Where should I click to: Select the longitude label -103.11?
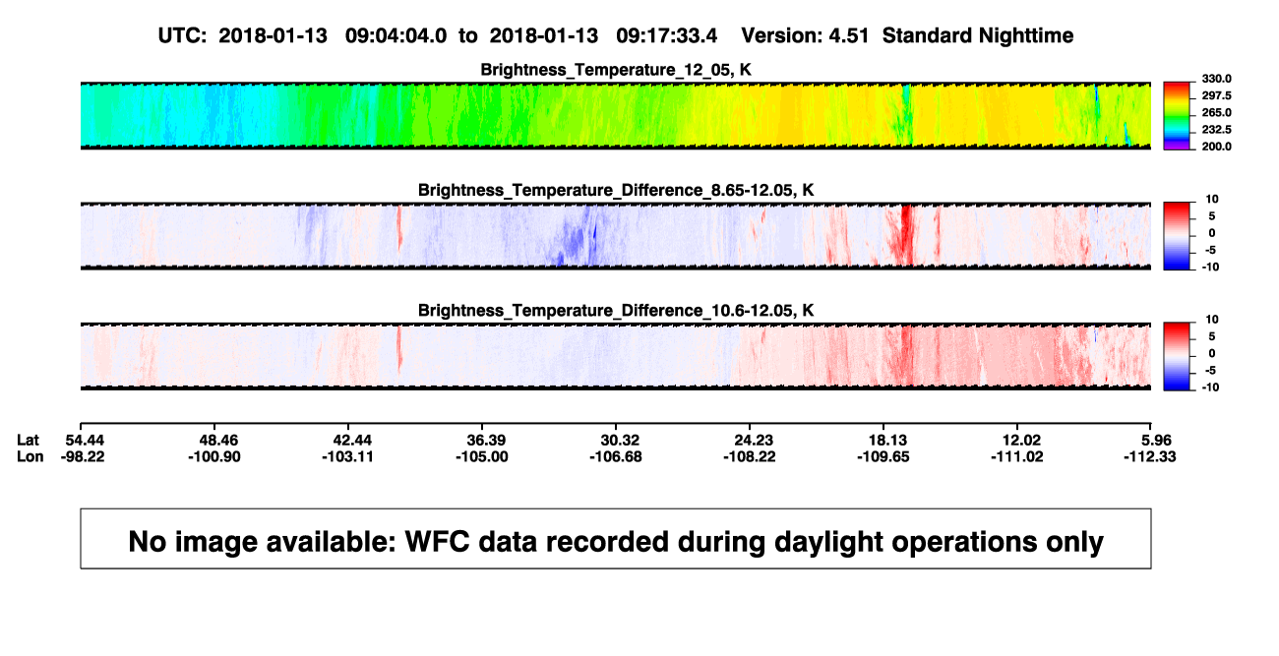pos(347,456)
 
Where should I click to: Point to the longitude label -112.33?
pos(1150,456)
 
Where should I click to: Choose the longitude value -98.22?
pos(83,456)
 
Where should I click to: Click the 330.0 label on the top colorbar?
pos(1217,79)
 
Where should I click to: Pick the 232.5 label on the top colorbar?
pos(1217,130)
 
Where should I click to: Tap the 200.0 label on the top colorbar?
pos(1217,147)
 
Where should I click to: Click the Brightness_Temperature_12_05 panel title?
pos(616,70)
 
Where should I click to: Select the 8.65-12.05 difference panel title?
pos(616,190)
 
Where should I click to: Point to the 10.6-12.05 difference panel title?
pos(616,311)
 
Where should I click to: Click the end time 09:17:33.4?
pos(666,36)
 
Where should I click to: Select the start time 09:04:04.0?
pos(396,36)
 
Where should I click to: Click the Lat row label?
pos(28,441)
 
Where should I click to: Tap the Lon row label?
pos(30,456)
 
